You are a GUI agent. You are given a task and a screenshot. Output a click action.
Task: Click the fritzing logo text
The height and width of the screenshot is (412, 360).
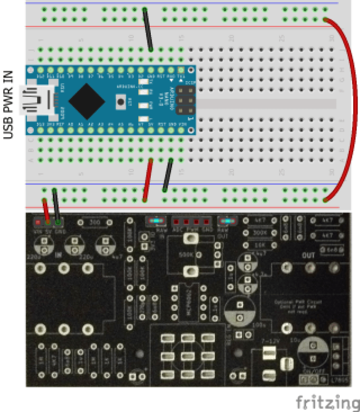pos(327,402)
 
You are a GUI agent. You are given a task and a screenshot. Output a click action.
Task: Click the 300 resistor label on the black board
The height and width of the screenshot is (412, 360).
pos(95,222)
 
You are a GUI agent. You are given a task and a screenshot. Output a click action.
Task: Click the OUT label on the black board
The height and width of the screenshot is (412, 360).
pos(309,255)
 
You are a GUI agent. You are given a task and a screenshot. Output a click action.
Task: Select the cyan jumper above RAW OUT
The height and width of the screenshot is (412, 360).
pos(227,221)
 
